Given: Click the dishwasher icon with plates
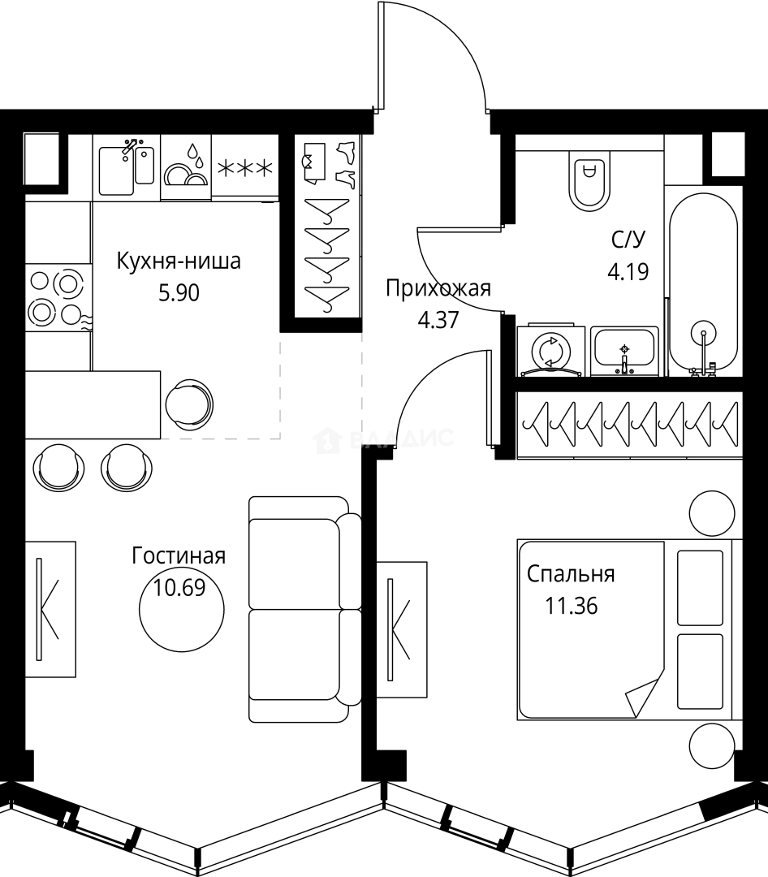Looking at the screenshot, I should (x=186, y=168).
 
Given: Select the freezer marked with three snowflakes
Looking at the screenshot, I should (x=244, y=168).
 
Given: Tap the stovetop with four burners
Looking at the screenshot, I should (x=57, y=296).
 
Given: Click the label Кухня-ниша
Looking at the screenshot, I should (x=179, y=262).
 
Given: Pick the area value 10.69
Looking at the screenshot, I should (x=179, y=587).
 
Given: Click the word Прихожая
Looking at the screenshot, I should (x=438, y=288).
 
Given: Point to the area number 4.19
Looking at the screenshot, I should (x=628, y=270).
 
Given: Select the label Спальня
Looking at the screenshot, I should (x=571, y=574).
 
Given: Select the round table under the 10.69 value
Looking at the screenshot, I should (x=179, y=613).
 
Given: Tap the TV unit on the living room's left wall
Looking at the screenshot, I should (x=50, y=609).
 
